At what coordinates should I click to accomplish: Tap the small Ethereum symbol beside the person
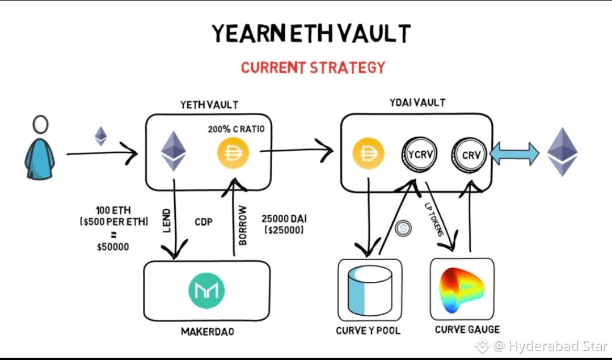click(x=100, y=136)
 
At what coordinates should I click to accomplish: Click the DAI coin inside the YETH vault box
click(x=234, y=151)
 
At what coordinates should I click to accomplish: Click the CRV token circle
click(x=469, y=154)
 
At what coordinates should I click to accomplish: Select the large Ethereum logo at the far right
click(x=562, y=151)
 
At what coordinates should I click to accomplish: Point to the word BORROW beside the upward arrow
click(x=242, y=227)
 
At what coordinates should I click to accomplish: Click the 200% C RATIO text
click(x=237, y=129)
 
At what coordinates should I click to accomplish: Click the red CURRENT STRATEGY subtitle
click(x=313, y=67)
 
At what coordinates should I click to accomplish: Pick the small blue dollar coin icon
click(x=404, y=228)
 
